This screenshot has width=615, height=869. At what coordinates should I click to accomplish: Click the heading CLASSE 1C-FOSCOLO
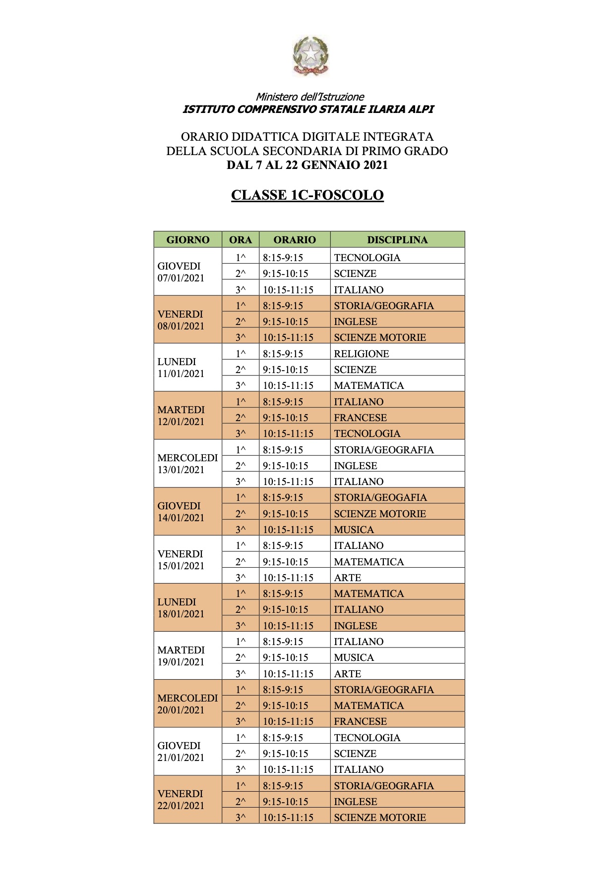coord(307,195)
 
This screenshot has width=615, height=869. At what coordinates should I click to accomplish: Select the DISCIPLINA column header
coord(397,240)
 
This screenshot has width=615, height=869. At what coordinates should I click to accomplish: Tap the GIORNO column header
coord(187,240)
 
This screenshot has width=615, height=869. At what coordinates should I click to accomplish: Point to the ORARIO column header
coord(295,240)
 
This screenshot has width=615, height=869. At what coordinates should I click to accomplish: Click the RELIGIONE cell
coord(362,354)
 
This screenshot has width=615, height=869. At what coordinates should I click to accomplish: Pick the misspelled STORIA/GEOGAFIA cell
coord(380,497)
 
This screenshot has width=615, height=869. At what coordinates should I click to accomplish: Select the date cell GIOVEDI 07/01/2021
coord(181,272)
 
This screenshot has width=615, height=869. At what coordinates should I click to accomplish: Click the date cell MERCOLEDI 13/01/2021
coord(187,464)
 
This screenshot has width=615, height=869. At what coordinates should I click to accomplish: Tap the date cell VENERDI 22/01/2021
coord(181,800)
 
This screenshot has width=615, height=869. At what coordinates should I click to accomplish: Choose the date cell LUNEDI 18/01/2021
coord(181,608)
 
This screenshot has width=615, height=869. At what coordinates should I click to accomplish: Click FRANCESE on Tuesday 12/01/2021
coord(361,418)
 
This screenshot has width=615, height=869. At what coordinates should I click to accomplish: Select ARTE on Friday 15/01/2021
coord(348,578)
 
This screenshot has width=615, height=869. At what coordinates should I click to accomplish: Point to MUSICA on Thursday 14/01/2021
coord(354,530)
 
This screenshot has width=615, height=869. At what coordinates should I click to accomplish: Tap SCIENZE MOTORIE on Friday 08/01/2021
coord(380,337)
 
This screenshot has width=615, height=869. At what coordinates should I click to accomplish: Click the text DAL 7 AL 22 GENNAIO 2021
coord(307,165)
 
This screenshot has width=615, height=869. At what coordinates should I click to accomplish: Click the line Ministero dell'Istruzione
coord(310,97)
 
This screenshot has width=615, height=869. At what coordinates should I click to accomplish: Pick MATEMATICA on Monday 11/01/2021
coord(369,385)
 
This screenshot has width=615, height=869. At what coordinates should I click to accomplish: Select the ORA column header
coord(241,240)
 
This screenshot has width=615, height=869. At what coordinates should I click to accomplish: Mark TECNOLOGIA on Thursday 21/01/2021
coord(367,738)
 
